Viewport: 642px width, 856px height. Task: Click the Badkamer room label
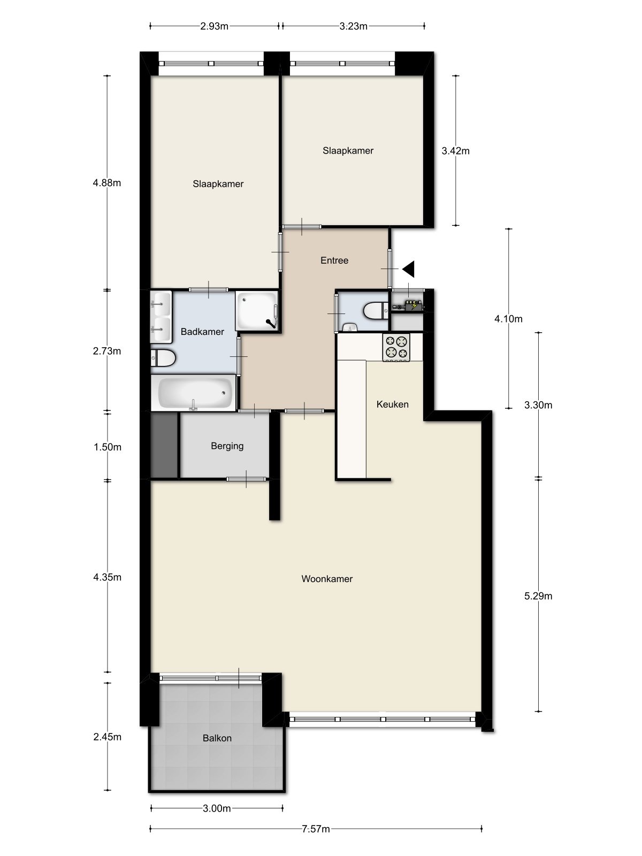(x=202, y=332)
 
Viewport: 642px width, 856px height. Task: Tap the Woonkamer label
(x=327, y=579)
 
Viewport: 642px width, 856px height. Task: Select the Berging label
(x=227, y=446)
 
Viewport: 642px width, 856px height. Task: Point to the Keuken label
(x=392, y=404)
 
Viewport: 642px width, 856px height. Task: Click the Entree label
(x=334, y=261)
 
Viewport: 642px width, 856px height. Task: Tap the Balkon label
(x=217, y=738)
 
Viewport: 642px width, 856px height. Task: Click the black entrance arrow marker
(x=409, y=269)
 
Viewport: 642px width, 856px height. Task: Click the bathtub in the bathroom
(x=193, y=393)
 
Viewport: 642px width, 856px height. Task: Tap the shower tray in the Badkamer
(x=257, y=310)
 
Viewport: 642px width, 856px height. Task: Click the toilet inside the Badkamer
(x=163, y=358)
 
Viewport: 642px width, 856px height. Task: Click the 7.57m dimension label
(x=315, y=829)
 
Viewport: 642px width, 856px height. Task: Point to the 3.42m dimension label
(x=455, y=151)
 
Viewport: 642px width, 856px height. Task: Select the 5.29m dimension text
(x=538, y=596)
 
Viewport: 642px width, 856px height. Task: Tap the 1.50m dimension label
(x=107, y=447)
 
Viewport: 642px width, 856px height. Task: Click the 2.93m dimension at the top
(x=214, y=26)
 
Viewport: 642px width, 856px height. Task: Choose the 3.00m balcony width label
(x=217, y=808)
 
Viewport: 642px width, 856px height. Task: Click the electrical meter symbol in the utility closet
(x=411, y=307)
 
